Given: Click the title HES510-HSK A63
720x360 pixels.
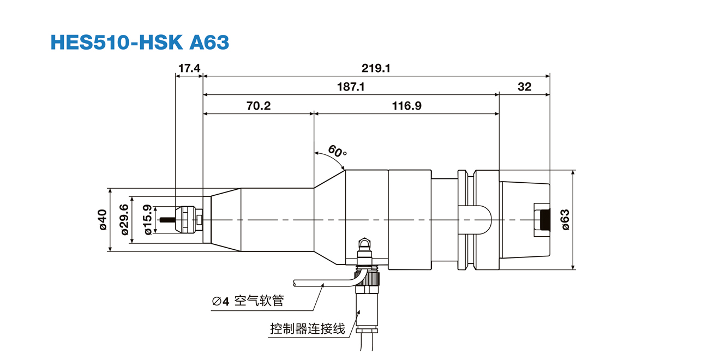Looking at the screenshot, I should (x=140, y=42).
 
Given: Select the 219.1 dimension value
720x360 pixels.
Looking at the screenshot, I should (x=376, y=68).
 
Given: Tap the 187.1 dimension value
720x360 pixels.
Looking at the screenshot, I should (x=351, y=87).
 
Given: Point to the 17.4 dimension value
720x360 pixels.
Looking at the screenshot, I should (x=189, y=68).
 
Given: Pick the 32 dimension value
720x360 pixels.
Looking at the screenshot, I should (x=524, y=87).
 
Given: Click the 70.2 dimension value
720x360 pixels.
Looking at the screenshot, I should (x=258, y=106).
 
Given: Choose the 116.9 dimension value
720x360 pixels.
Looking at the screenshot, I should (x=407, y=106).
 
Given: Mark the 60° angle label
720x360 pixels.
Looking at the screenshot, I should (x=337, y=151).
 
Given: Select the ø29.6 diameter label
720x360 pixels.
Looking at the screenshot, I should (x=124, y=220).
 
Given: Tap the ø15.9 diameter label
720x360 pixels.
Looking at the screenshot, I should (x=147, y=220).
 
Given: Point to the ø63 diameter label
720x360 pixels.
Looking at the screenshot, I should (x=565, y=220).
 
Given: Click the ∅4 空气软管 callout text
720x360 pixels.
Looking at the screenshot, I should (x=248, y=301).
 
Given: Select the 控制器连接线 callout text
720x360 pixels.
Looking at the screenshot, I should (x=308, y=329).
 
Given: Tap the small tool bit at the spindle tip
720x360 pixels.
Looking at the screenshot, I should (x=167, y=220).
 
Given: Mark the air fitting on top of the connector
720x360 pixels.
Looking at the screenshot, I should (x=363, y=244).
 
